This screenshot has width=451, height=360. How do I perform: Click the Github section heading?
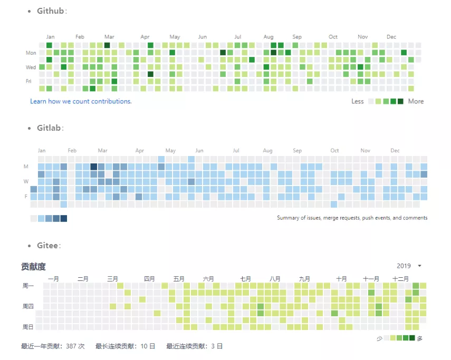coord(51,11)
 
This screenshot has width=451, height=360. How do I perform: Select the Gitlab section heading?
coord(50,128)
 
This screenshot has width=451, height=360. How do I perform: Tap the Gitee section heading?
coord(48,246)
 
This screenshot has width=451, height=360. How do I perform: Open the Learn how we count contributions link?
coord(81,101)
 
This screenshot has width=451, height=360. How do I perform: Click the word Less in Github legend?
coord(358,101)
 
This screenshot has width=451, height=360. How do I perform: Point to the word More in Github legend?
coord(416,101)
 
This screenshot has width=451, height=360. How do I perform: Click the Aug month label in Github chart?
coord(268,37)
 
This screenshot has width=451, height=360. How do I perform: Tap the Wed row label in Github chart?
coord(31,67)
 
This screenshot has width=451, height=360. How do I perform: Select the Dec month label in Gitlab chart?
coord(395,151)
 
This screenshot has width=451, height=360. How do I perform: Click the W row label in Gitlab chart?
coord(25,182)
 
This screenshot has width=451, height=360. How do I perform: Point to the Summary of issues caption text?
coord(352,218)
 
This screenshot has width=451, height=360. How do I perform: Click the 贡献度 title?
coord(33,267)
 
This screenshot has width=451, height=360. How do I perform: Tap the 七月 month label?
coord(245,279)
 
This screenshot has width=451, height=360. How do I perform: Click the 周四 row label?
coord(28,306)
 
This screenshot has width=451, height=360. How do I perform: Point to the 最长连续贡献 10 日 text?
coord(125,346)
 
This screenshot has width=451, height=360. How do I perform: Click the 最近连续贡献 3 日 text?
coord(194,346)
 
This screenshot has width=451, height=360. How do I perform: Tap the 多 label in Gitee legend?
coord(420,338)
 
